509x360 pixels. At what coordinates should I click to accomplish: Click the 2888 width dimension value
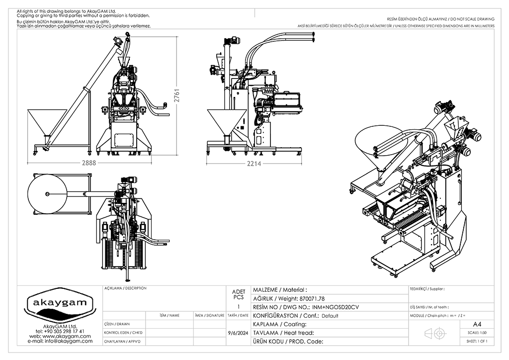pyautogui.click(x=89, y=162)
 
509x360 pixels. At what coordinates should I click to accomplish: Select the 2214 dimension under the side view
pyautogui.click(x=254, y=163)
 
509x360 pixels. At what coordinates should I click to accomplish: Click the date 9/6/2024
pyautogui.click(x=238, y=333)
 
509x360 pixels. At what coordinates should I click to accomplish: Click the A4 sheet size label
pyautogui.click(x=477, y=324)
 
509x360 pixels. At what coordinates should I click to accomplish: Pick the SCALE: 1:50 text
pyautogui.click(x=477, y=333)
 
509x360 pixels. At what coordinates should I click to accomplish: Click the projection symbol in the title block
pyautogui.click(x=434, y=333)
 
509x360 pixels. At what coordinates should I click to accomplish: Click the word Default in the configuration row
pyautogui.click(x=330, y=316)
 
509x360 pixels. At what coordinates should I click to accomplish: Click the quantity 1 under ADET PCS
pyautogui.click(x=239, y=307)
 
